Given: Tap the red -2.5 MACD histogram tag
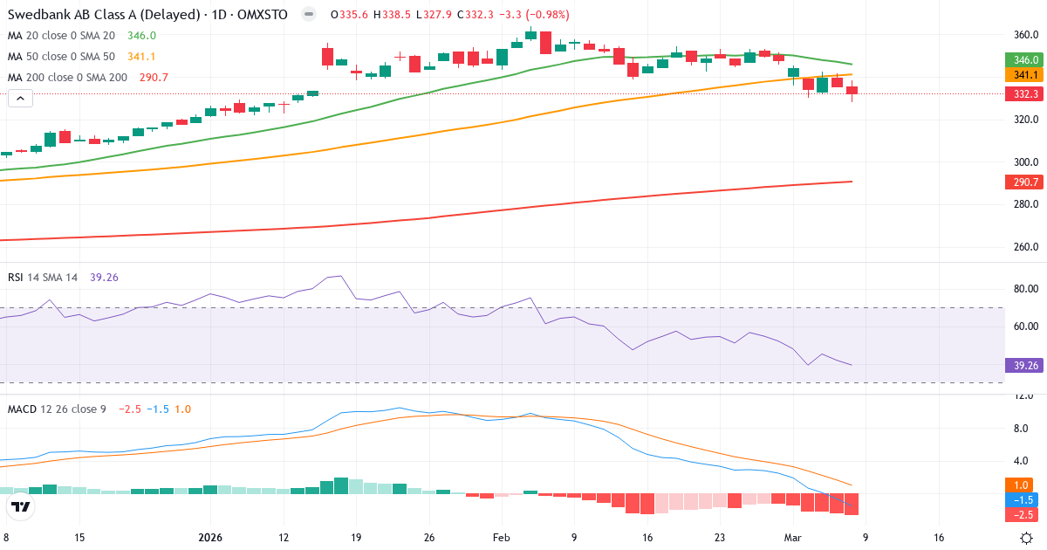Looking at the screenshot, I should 1023,514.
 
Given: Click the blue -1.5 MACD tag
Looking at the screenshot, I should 1023,499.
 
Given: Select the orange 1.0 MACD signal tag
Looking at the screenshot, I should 1023,485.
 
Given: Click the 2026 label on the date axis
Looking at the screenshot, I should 211,538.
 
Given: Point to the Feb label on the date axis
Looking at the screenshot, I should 501,538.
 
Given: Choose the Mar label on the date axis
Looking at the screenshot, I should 792,538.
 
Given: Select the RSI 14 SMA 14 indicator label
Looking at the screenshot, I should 43,278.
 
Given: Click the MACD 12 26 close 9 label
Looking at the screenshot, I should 57,409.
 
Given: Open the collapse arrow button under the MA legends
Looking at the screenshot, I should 20,99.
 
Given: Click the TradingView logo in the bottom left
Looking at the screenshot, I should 21,506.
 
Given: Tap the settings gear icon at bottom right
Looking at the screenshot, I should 1027,538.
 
